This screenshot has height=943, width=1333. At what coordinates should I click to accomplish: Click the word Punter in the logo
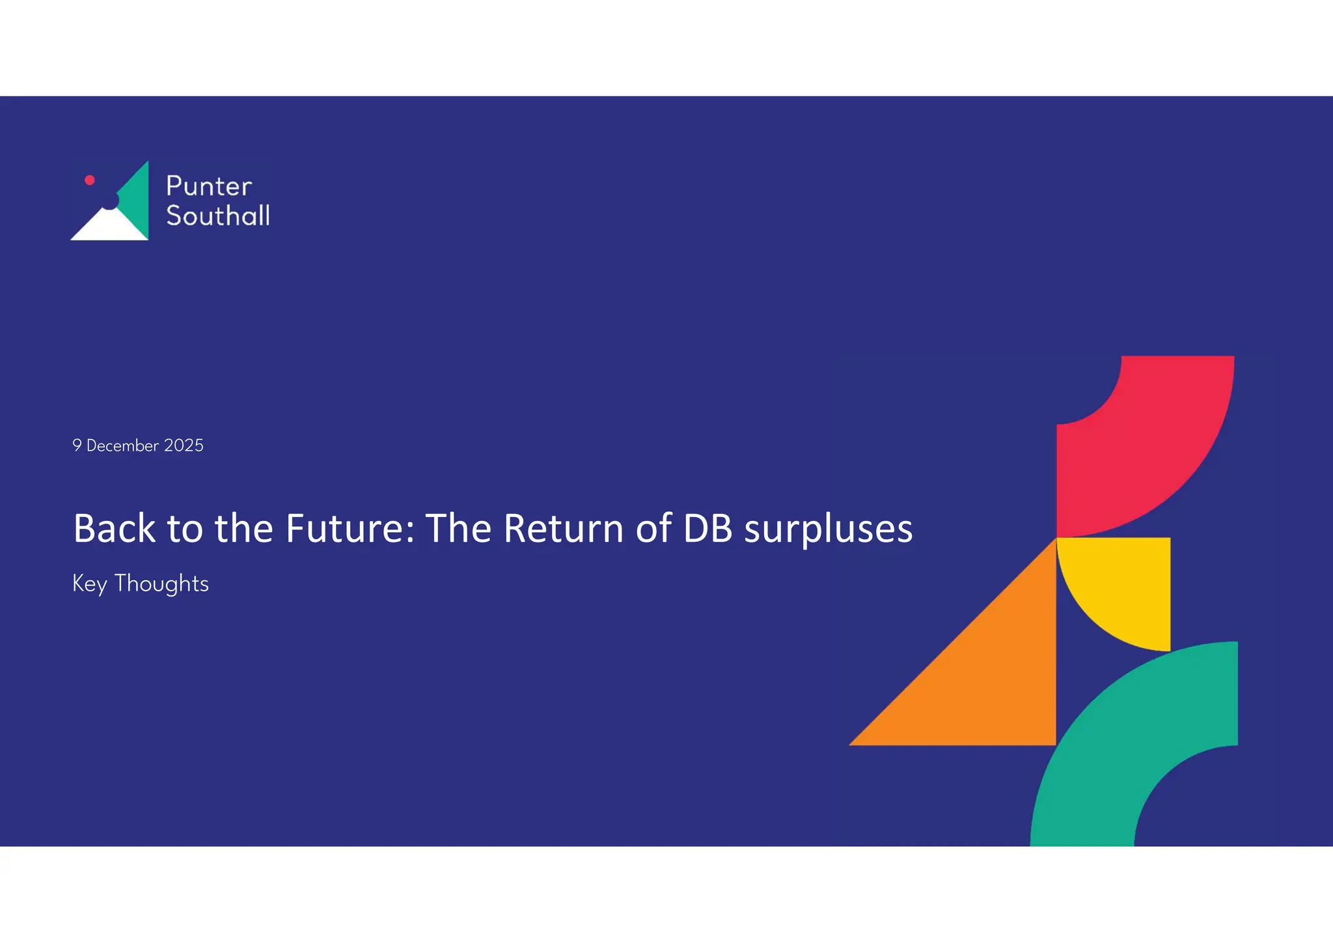[209, 186]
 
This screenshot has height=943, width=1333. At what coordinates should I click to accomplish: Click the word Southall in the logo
[218, 216]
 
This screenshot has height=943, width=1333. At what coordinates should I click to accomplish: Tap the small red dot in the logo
[90, 180]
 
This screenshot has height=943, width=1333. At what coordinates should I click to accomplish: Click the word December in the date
[122, 445]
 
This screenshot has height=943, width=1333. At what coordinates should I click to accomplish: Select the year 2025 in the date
[184, 445]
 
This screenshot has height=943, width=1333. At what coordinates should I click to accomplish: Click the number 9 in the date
[77, 445]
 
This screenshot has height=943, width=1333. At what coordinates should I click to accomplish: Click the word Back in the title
[114, 528]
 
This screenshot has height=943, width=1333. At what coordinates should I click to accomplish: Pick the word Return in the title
[564, 528]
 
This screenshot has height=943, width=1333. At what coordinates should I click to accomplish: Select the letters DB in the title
[708, 528]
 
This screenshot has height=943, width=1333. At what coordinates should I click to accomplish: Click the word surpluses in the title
[829, 529]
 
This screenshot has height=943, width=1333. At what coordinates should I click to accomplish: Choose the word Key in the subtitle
[89, 584]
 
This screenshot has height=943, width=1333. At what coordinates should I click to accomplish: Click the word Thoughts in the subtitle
[161, 584]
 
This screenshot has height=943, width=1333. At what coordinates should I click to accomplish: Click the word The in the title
[458, 528]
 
